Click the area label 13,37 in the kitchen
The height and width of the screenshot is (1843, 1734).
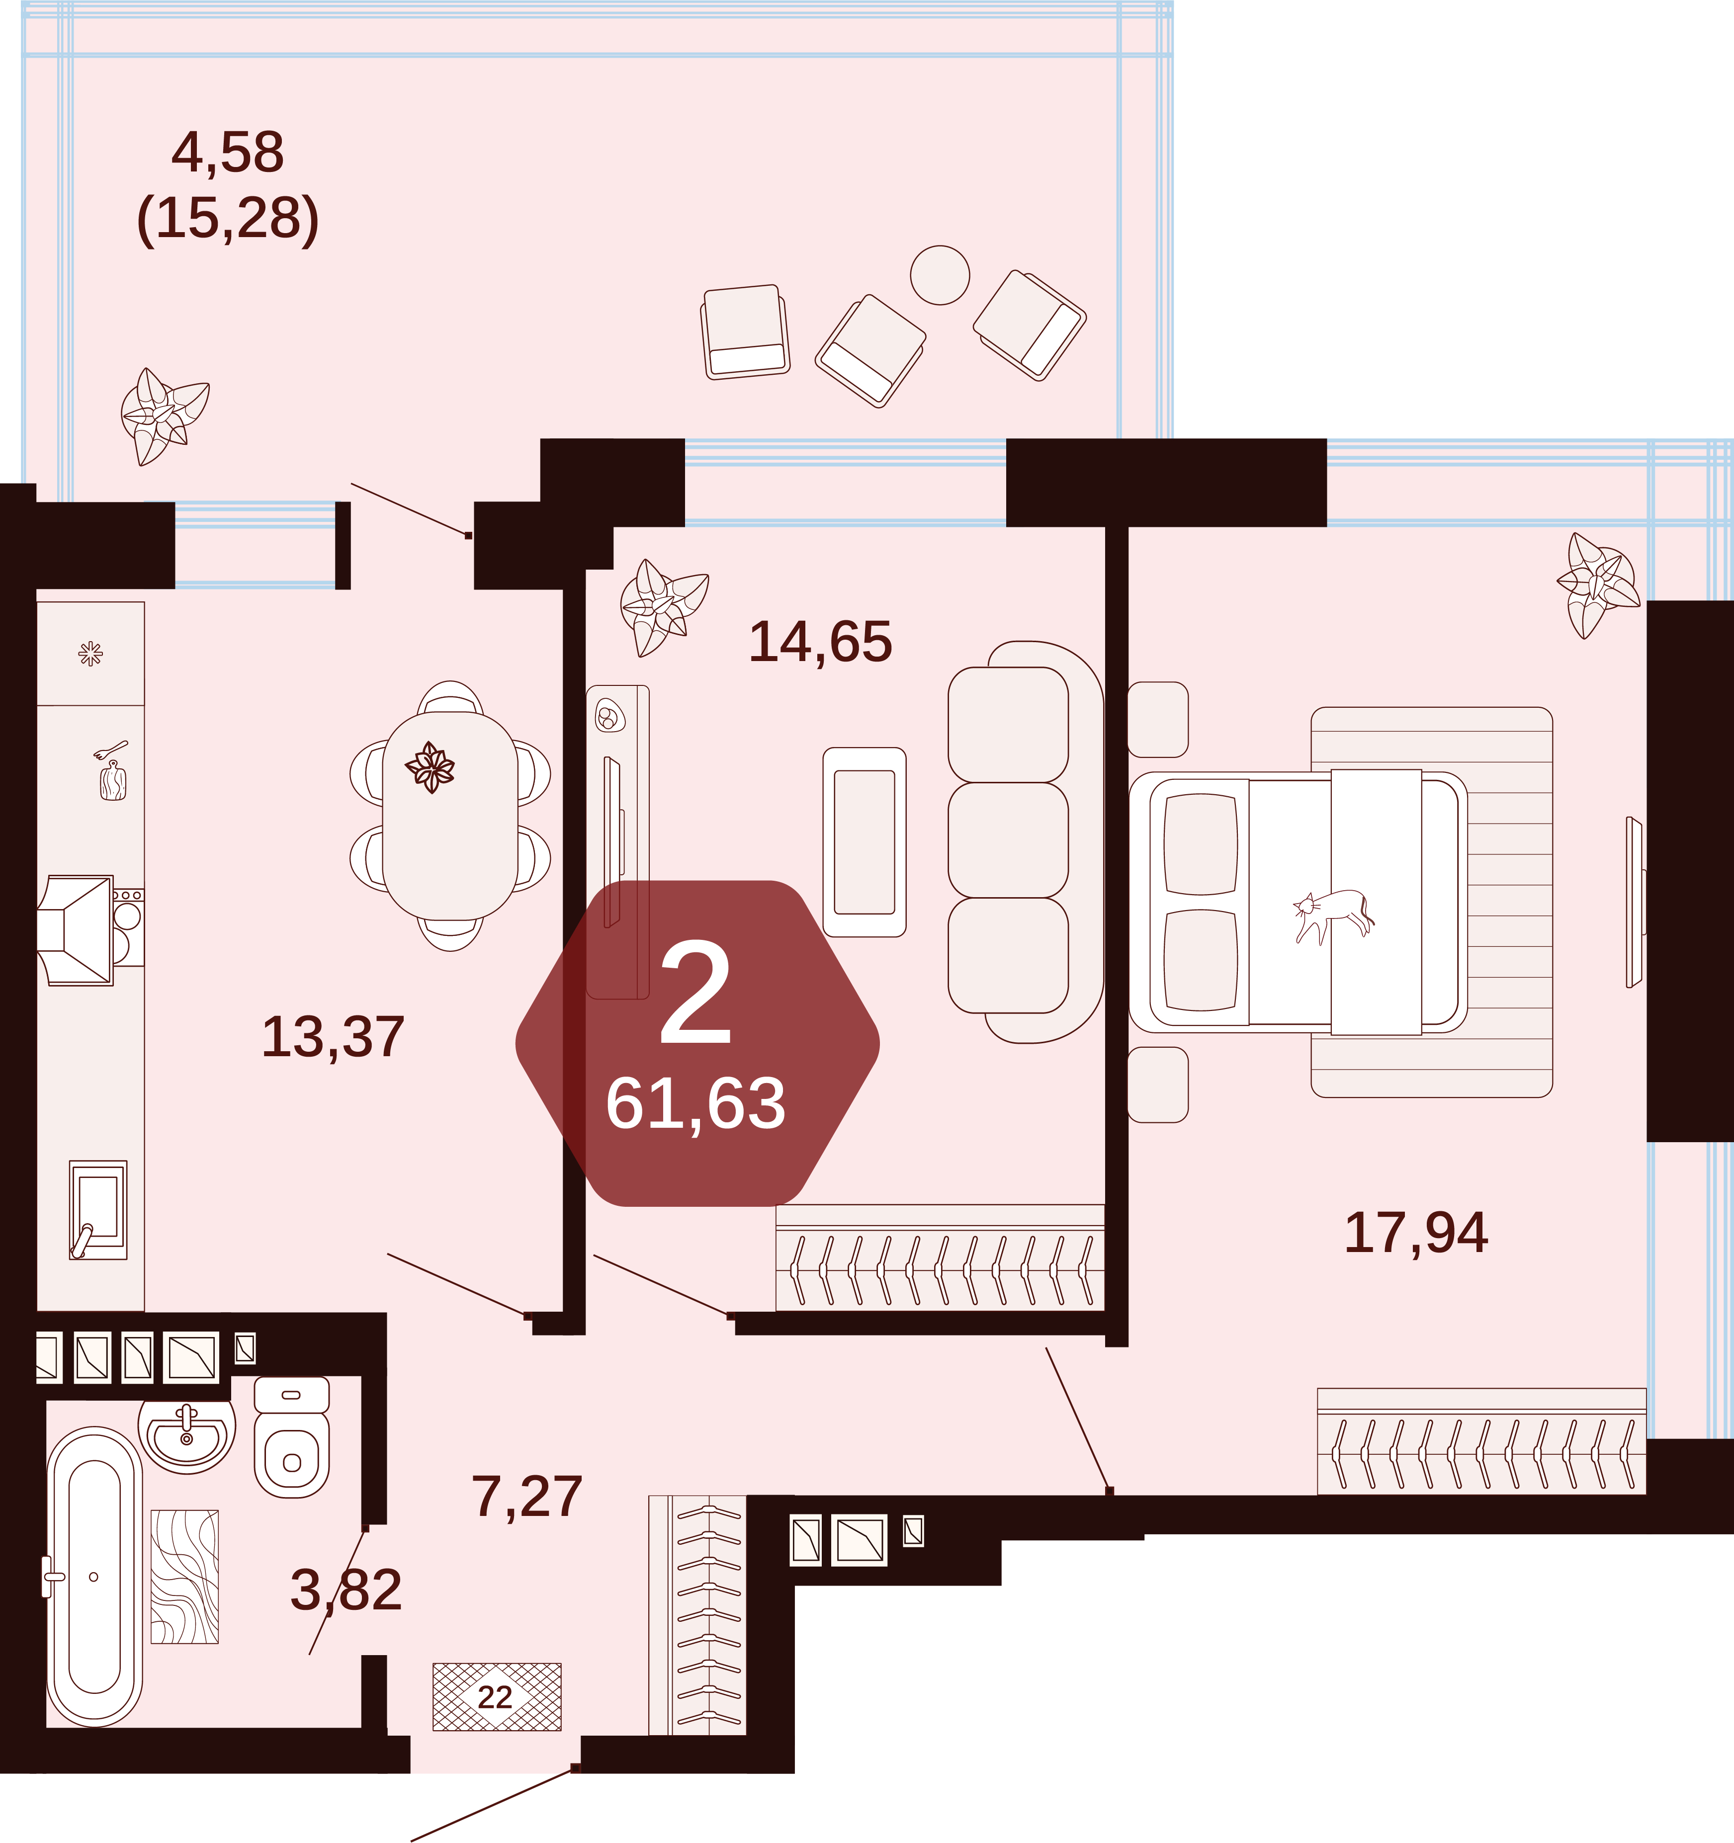(333, 1036)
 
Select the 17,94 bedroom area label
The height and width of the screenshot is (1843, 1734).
(1416, 1233)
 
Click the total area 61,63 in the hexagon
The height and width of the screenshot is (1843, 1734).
(695, 1104)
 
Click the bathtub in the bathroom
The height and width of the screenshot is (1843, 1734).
(94, 1576)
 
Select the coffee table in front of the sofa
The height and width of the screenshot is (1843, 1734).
(864, 842)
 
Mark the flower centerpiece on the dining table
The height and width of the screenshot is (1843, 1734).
(430, 767)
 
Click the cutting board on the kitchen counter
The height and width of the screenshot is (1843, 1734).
(113, 780)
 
